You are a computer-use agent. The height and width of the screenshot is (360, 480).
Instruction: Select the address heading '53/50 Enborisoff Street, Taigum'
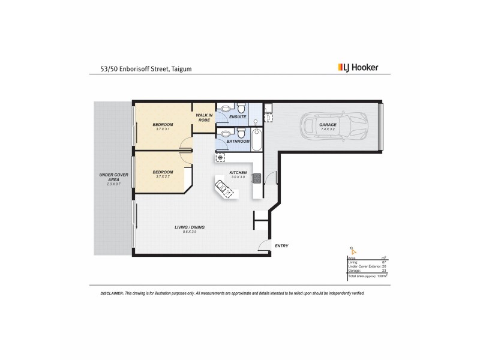click(x=142, y=68)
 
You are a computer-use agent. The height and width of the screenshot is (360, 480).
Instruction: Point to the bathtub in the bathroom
click(x=256, y=138)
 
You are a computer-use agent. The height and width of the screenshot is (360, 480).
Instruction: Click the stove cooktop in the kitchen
click(x=257, y=178)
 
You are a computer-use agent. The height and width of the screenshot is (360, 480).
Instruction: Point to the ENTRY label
click(x=281, y=246)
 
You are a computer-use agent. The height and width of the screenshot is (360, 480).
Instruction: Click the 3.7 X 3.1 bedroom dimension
click(x=163, y=130)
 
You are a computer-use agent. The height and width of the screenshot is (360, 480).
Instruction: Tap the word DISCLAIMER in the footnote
click(x=111, y=293)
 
